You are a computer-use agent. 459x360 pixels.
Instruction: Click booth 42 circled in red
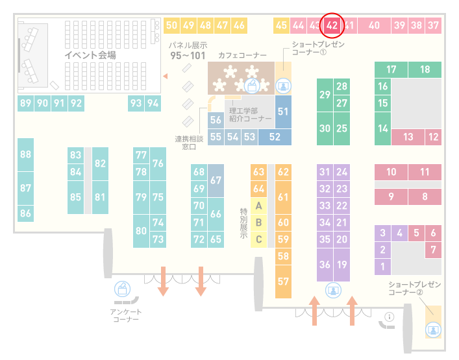tap(332, 25)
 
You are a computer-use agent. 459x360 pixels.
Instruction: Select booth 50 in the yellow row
tap(171, 25)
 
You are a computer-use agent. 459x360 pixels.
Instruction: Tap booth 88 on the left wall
tap(25, 154)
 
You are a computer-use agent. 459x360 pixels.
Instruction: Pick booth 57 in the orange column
tap(283, 282)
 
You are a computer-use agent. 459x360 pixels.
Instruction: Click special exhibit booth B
tap(258, 222)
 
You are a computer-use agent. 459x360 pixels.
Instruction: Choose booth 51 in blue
tap(283, 112)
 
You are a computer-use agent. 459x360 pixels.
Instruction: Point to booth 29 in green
tap(325, 95)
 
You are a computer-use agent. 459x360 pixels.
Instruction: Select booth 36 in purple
tap(325, 265)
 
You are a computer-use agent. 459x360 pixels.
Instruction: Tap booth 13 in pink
tap(408, 137)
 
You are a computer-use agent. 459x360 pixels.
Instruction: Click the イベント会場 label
tap(90, 55)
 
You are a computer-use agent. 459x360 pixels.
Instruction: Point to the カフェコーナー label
tap(242, 55)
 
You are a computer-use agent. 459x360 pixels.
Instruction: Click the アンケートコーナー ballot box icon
tap(122, 289)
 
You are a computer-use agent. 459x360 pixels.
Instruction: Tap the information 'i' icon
tap(390, 317)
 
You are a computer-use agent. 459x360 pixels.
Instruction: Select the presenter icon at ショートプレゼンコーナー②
tap(433, 330)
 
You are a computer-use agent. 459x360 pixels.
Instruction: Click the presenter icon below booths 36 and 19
tap(333, 291)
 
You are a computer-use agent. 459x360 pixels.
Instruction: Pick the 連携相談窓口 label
tap(189, 143)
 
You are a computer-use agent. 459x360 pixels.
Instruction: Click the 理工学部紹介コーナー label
tap(251, 115)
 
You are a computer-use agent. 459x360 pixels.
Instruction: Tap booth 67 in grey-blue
tap(216, 180)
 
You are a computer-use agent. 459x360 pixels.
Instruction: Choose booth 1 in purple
tap(382, 267)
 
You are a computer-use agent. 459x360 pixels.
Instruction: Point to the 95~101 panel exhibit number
tap(188, 56)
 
